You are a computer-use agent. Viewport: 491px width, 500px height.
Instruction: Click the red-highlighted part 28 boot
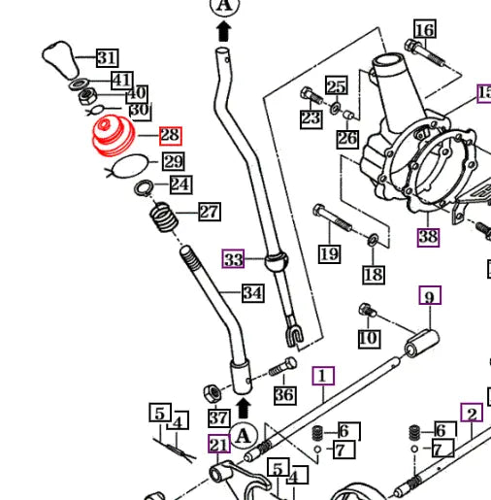click(114, 135)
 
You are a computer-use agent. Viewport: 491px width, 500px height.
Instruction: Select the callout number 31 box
click(108, 58)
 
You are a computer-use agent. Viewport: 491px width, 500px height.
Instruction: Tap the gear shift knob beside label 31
click(61, 59)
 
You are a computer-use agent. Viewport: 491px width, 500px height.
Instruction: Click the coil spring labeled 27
click(164, 217)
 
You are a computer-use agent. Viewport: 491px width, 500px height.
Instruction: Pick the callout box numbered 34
click(253, 293)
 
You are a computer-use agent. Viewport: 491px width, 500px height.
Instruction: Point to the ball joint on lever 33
click(277, 261)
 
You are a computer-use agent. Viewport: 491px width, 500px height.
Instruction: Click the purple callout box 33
click(233, 259)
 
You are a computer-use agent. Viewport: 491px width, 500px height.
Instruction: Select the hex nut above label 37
click(213, 393)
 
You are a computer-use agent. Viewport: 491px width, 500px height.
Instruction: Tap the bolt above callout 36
click(283, 366)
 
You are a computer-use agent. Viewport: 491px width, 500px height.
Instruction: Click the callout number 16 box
click(425, 29)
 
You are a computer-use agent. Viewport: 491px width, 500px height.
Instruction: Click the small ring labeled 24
click(144, 188)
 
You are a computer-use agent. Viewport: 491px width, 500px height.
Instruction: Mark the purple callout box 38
click(428, 237)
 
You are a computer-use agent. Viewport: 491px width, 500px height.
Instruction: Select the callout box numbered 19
click(330, 254)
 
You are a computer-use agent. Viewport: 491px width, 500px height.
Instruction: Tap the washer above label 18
click(373, 240)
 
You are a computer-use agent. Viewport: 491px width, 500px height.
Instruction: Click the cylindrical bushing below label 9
click(422, 344)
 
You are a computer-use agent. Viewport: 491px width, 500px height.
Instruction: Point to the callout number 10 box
click(369, 339)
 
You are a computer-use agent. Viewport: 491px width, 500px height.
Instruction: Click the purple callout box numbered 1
click(323, 376)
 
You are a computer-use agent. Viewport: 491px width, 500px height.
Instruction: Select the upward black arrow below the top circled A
click(224, 31)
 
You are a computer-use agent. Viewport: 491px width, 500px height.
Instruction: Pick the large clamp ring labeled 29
click(128, 166)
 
